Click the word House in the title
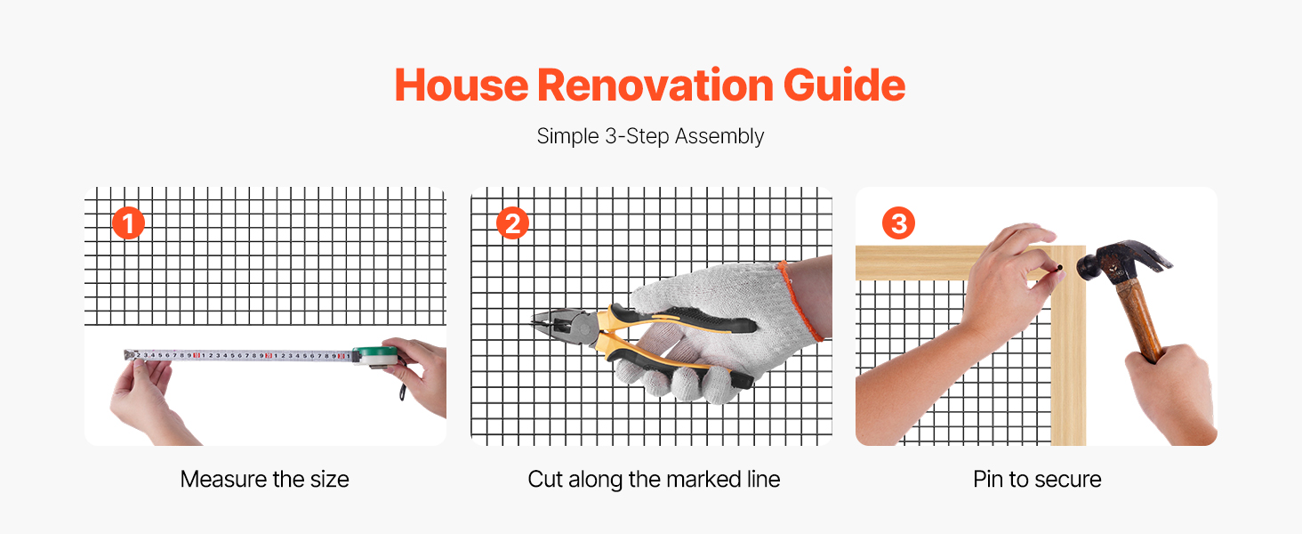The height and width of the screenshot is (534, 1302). pyautogui.click(x=462, y=85)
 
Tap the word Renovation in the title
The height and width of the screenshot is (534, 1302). pyautogui.click(x=655, y=85)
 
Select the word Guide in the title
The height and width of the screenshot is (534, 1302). pyautogui.click(x=845, y=85)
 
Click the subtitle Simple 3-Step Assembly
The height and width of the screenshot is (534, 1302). pyautogui.click(x=650, y=137)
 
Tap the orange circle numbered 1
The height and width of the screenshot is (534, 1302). pyautogui.click(x=128, y=223)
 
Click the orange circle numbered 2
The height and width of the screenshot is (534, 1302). pyautogui.click(x=512, y=223)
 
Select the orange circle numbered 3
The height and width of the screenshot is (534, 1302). pyautogui.click(x=898, y=223)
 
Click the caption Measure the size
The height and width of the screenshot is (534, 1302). pyautogui.click(x=264, y=480)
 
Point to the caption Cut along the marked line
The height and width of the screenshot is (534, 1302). pyautogui.click(x=654, y=480)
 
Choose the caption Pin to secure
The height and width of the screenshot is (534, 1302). pyautogui.click(x=1037, y=480)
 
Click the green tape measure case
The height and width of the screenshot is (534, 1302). pyautogui.click(x=376, y=355)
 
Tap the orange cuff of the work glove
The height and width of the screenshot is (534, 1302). pyautogui.click(x=800, y=300)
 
